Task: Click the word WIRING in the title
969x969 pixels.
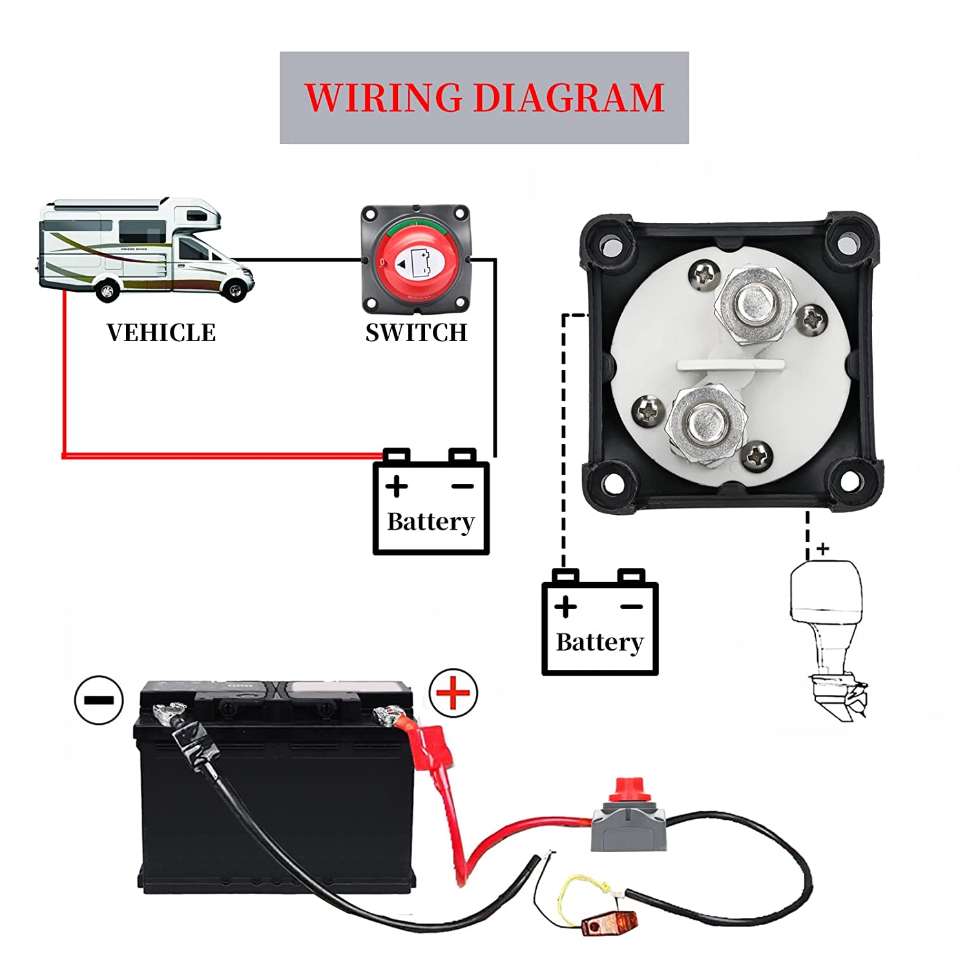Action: tap(382, 98)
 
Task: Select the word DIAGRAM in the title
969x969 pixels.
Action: tap(568, 98)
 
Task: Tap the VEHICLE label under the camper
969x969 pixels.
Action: tap(161, 333)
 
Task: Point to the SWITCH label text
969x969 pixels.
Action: tap(416, 333)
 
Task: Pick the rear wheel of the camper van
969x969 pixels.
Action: tap(107, 291)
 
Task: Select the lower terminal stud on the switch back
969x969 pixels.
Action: tap(706, 424)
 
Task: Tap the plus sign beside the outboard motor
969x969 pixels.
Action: tap(822, 549)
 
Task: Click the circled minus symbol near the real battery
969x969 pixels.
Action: tap(99, 700)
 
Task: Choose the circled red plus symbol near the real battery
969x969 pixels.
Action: tap(453, 693)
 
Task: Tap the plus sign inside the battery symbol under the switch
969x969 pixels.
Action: tap(397, 486)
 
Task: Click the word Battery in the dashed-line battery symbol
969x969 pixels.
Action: tap(599, 642)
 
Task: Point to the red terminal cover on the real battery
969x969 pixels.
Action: tap(430, 740)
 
